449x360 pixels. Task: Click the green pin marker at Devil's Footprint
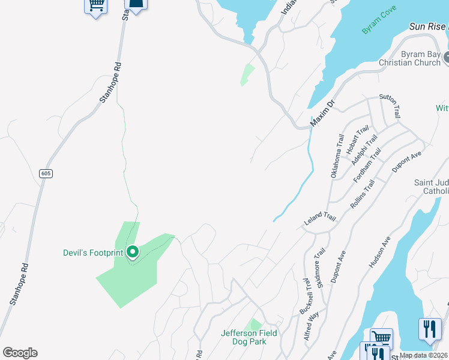[133, 252]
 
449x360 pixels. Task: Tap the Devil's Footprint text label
[93, 253]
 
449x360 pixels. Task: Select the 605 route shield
[46, 173]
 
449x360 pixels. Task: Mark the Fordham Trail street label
[367, 167]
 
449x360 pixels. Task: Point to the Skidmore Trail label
[321, 266]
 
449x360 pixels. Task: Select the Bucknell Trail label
[307, 295]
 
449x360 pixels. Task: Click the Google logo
[20, 353]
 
